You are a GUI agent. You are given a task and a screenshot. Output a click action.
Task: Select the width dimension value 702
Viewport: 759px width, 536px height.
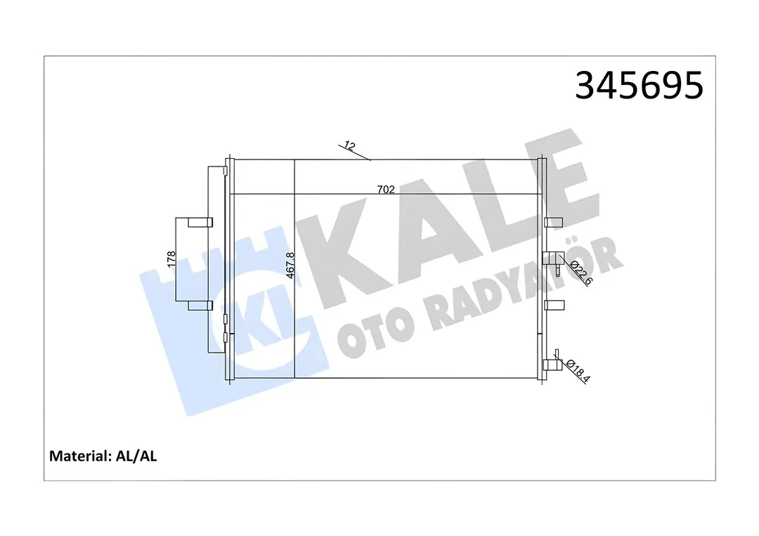coord(385,188)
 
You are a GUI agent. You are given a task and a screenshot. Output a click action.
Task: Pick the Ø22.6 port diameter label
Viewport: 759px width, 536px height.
coord(580,272)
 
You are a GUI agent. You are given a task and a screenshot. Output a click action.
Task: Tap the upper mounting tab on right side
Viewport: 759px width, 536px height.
coord(554,223)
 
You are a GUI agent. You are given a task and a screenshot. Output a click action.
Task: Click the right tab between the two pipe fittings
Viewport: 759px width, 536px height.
coord(554,305)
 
